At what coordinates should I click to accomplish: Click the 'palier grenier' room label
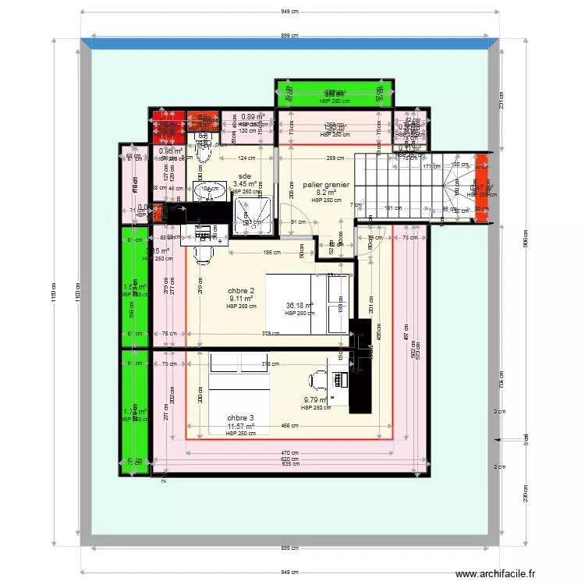click(x=326, y=185)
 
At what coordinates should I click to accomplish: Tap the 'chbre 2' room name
click(x=241, y=290)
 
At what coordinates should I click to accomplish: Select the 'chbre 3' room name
click(x=240, y=418)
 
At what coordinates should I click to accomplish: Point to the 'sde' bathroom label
click(x=245, y=176)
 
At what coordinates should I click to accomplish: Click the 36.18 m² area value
click(x=300, y=306)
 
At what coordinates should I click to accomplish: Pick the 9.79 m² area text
click(x=317, y=400)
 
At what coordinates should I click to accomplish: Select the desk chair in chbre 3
click(x=318, y=380)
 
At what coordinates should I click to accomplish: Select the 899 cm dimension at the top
click(x=291, y=35)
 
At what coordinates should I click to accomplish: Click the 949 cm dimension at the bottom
click(x=291, y=573)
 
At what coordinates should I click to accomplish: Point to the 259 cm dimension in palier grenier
click(x=336, y=159)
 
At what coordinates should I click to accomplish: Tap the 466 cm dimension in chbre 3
click(x=289, y=426)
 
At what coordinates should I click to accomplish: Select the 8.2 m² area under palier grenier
click(x=326, y=193)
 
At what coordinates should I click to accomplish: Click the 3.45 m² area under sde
click(x=245, y=184)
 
